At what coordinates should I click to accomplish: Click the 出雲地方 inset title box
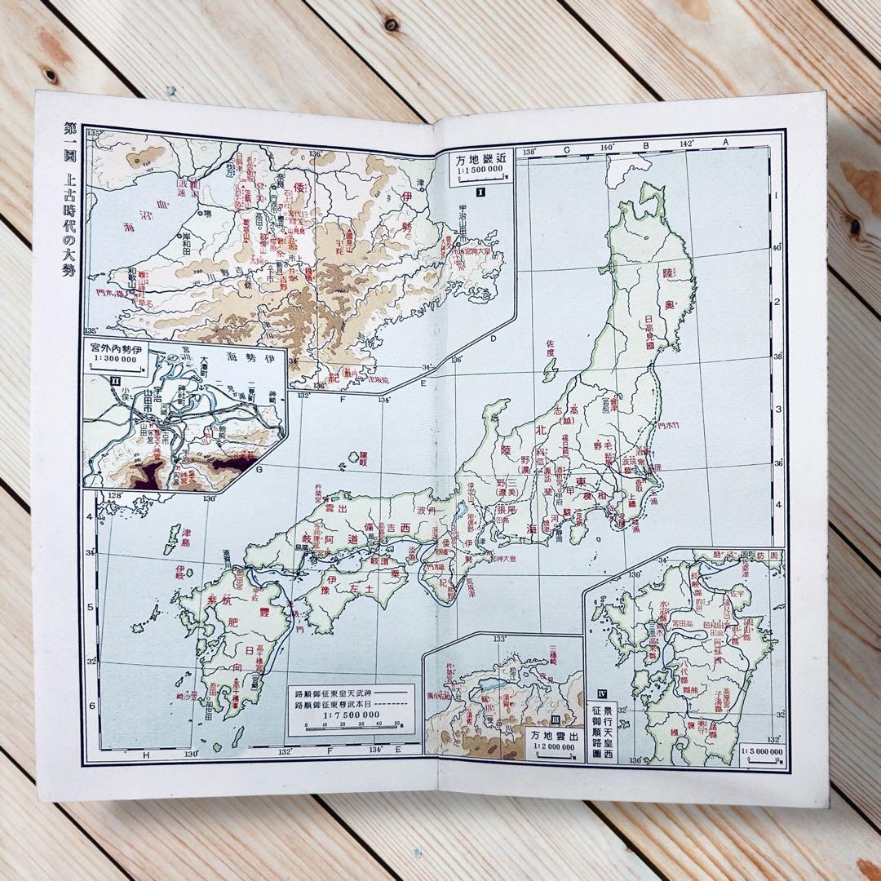pos(558,740)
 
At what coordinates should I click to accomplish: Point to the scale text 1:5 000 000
pos(762,751)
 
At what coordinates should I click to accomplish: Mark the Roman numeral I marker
pos(481,193)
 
